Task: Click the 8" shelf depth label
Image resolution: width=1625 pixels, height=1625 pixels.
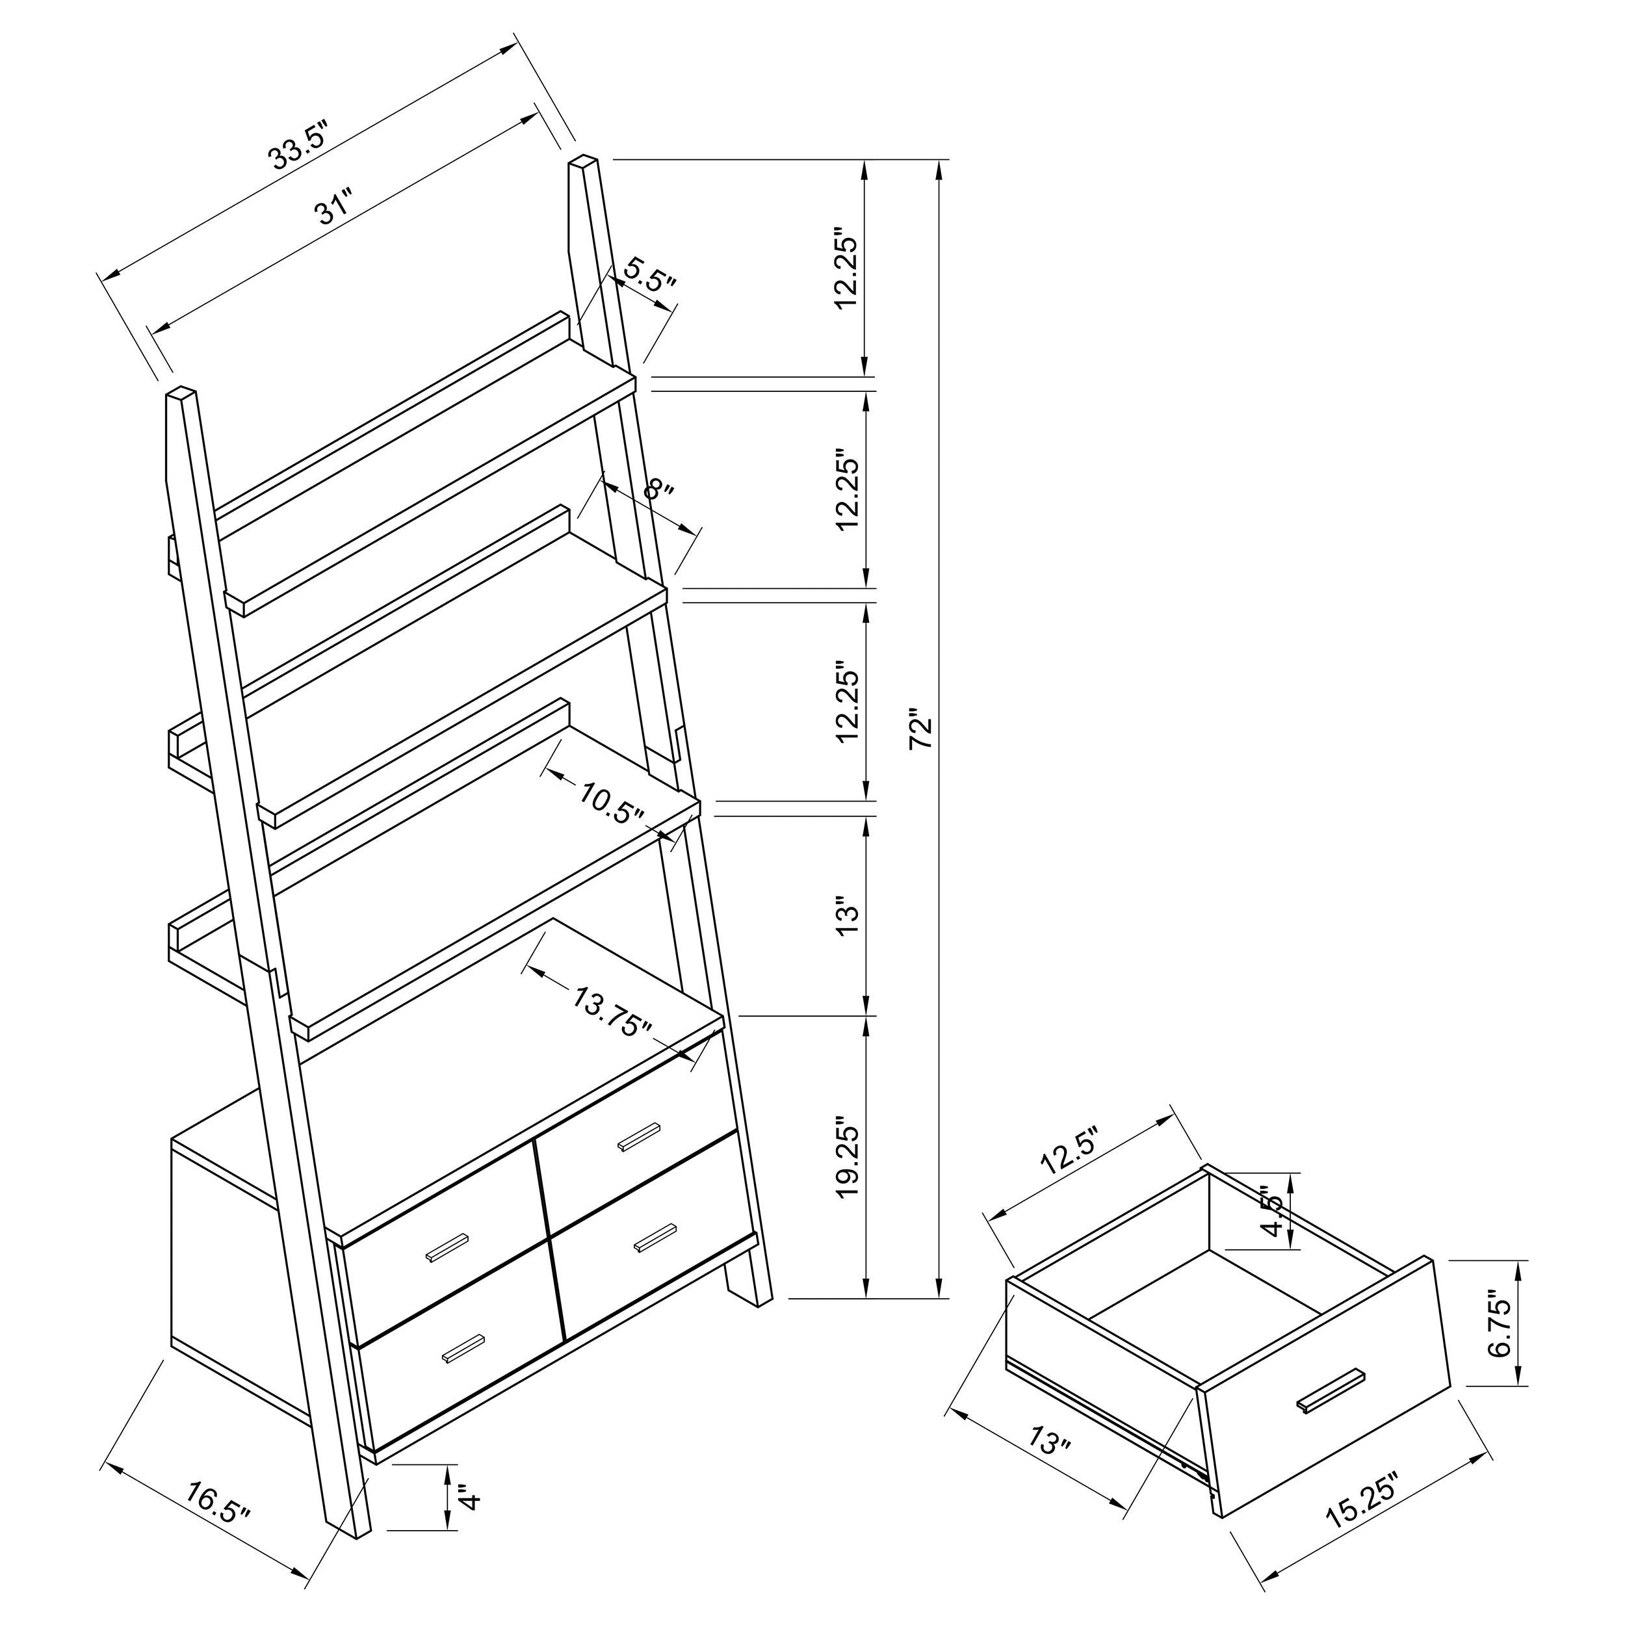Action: (658, 489)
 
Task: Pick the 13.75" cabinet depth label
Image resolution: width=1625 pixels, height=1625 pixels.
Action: (612, 1013)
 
